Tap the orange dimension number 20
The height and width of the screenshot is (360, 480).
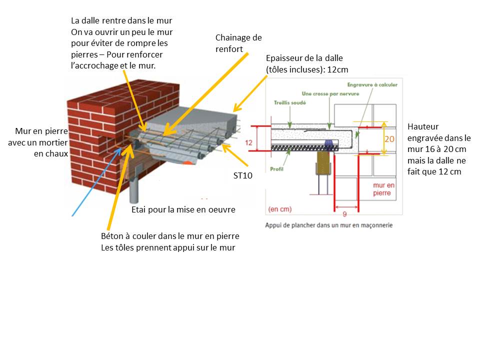pyautogui.click(x=390, y=140)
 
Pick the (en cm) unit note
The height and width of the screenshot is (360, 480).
pyautogui.click(x=280, y=209)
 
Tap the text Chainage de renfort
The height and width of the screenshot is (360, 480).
pyautogui.click(x=238, y=43)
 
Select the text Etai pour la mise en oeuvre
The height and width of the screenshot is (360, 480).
pyautogui.click(x=183, y=209)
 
